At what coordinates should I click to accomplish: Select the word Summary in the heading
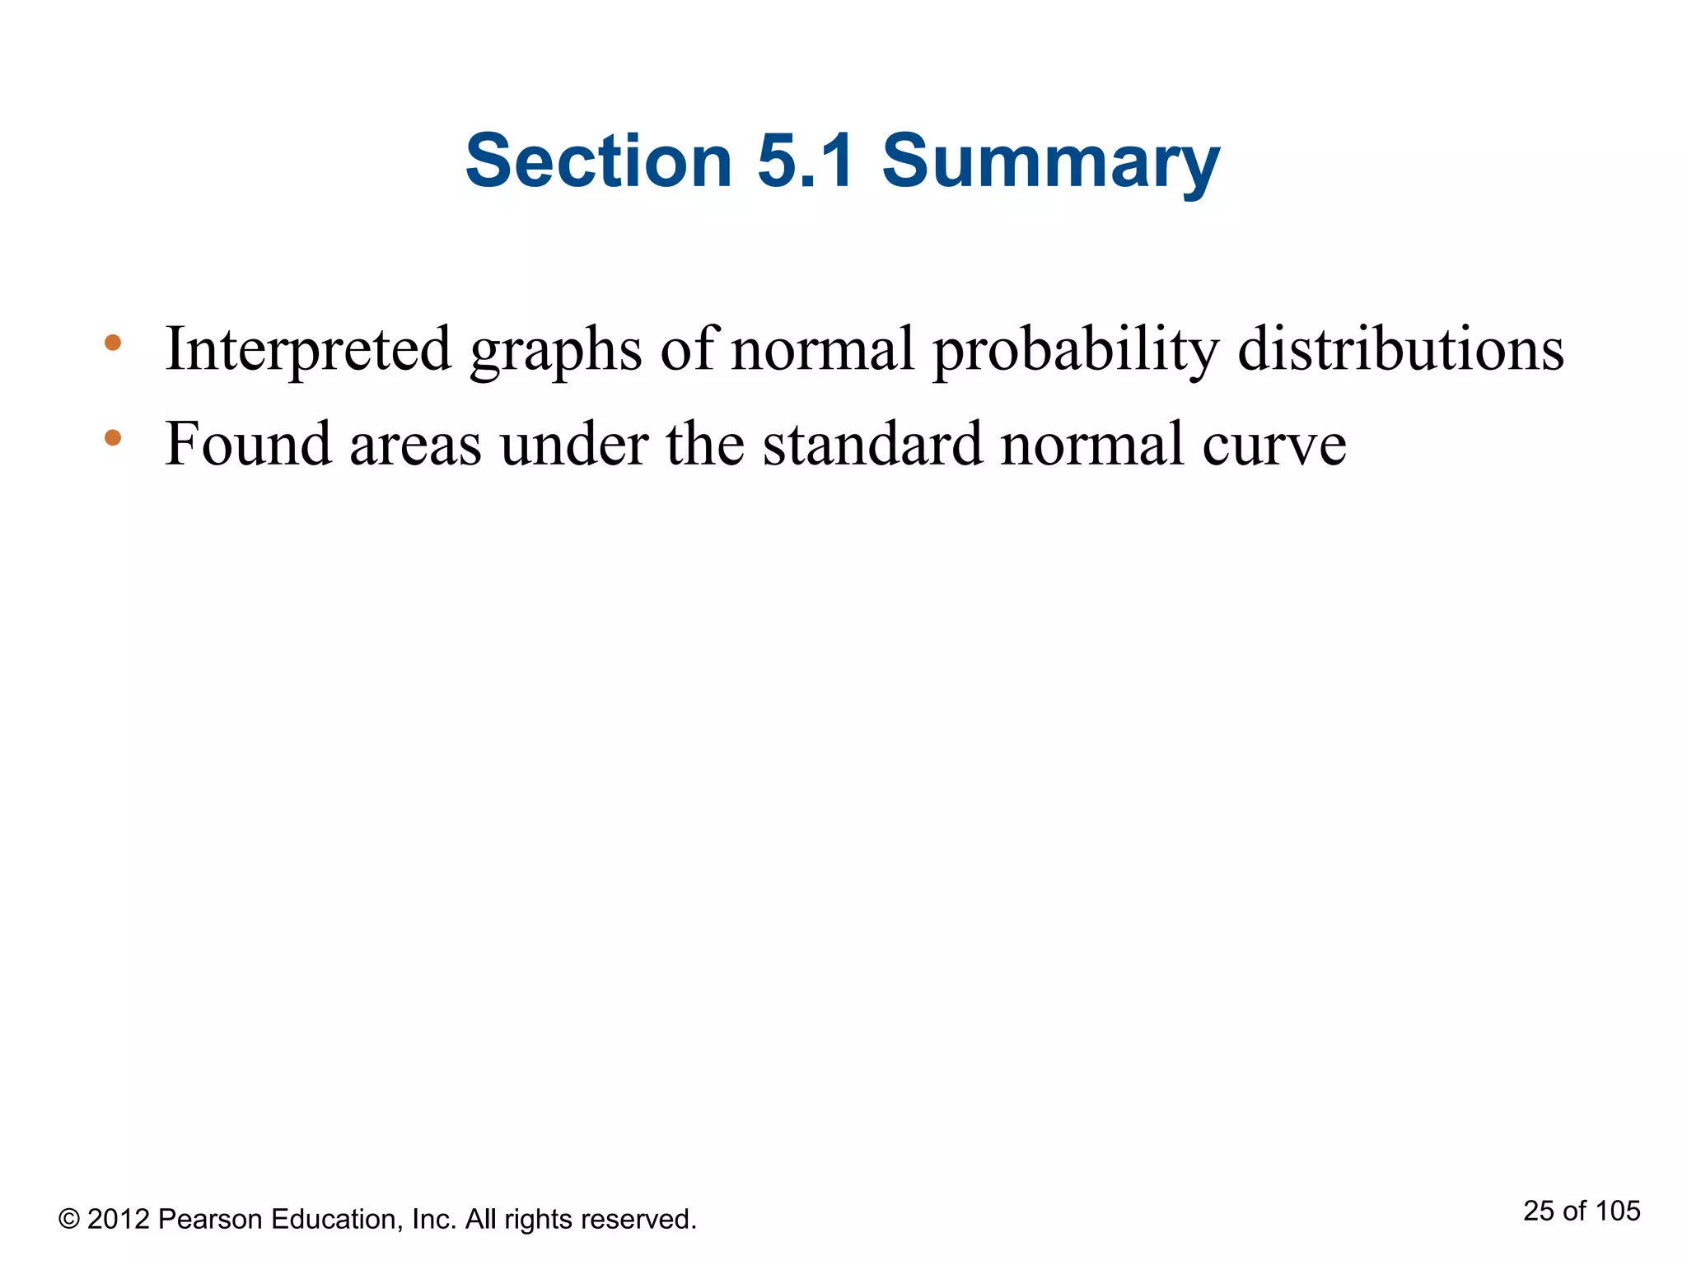tap(1050, 165)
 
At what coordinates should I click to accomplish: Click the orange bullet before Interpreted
tap(113, 342)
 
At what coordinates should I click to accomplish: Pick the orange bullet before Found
tap(113, 437)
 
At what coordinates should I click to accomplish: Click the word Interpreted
tap(308, 350)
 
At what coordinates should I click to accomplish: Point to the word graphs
tap(555, 352)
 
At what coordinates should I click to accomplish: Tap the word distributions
tap(1400, 350)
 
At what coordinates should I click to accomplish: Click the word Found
tap(247, 445)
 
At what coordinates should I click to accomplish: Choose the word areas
tap(415, 447)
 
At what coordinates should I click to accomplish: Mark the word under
tap(573, 445)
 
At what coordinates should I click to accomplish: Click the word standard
tap(872, 445)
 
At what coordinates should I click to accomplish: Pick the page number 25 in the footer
tap(1538, 1211)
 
